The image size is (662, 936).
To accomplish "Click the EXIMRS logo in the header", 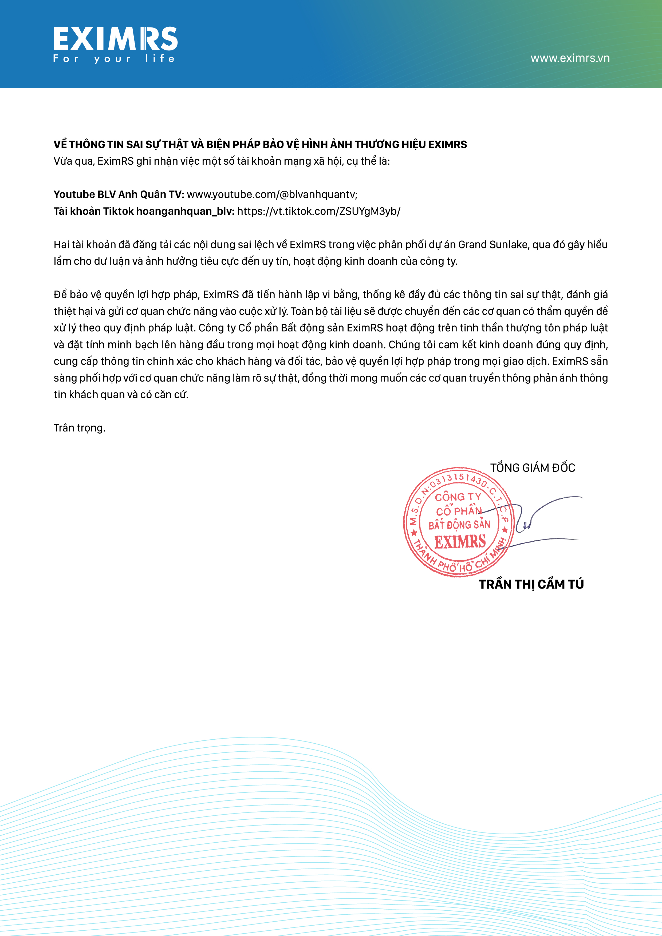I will pyautogui.click(x=115, y=39).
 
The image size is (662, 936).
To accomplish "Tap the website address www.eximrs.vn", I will pyautogui.click(x=570, y=58).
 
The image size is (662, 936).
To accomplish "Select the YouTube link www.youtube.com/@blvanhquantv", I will pyautogui.click(x=272, y=195).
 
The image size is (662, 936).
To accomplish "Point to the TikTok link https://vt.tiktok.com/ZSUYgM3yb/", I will pyautogui.click(x=318, y=211).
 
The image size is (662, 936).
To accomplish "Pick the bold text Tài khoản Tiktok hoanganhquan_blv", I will pyautogui.click(x=144, y=211).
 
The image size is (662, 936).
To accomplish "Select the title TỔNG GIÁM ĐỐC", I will pyautogui.click(x=532, y=467).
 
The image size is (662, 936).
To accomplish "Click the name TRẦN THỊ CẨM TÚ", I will pyautogui.click(x=531, y=584).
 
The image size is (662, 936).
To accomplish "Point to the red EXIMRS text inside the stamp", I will pyautogui.click(x=460, y=542).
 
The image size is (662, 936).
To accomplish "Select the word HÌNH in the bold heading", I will pyautogui.click(x=316, y=145).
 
